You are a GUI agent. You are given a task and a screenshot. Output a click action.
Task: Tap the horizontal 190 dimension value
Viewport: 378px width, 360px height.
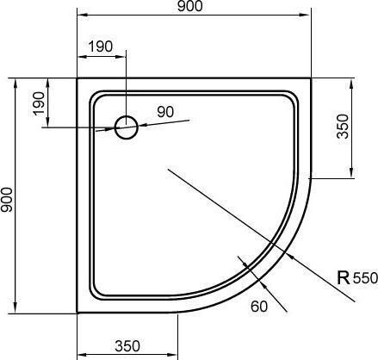100,47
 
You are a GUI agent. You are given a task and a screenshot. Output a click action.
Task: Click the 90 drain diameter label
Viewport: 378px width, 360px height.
165,111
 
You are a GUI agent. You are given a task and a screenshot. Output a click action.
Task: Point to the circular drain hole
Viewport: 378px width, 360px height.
127,127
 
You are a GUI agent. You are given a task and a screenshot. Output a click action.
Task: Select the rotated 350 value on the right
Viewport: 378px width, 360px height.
343,129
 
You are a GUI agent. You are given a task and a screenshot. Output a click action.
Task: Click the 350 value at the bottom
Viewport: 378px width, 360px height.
127,346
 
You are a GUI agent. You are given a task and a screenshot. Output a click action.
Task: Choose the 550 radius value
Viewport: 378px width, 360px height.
365,278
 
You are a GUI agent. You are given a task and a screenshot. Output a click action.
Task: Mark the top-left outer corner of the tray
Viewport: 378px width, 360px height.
77,78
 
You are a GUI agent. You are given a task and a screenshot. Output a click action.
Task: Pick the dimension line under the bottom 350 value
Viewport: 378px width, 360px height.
127,355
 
